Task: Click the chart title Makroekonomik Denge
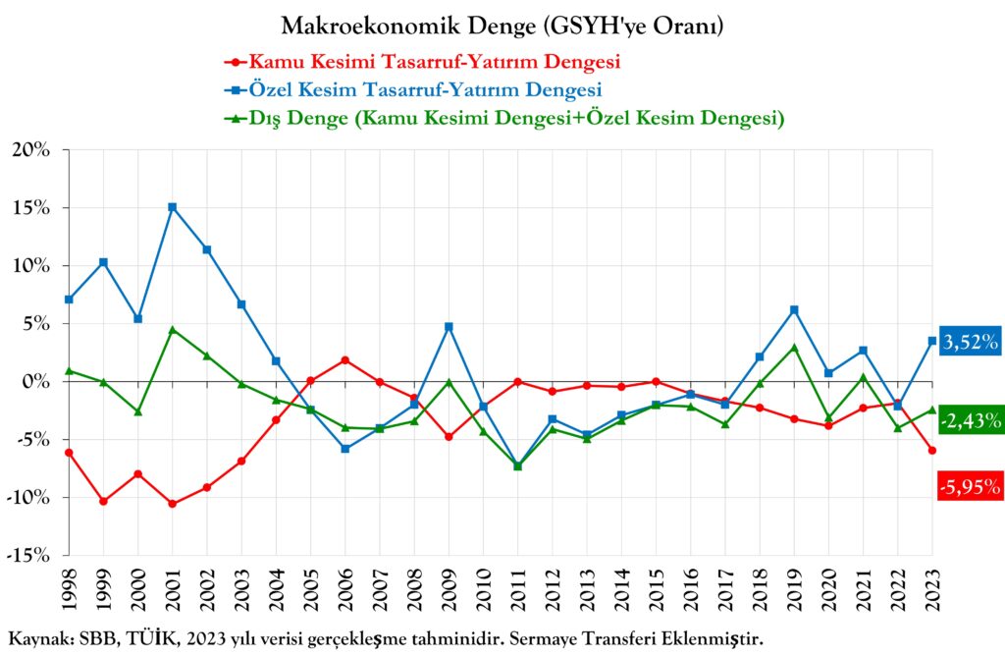pyautogui.click(x=502, y=27)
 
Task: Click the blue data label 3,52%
pyautogui.click(x=970, y=343)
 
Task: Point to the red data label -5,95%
pyautogui.click(x=970, y=485)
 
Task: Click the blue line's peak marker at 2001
pyautogui.click(x=173, y=207)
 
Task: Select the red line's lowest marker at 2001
pyautogui.click(x=173, y=504)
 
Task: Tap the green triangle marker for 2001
pyautogui.click(x=173, y=330)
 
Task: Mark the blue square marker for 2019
pyautogui.click(x=794, y=310)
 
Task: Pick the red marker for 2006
pyautogui.click(x=345, y=359)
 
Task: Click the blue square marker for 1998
pyautogui.click(x=70, y=300)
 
